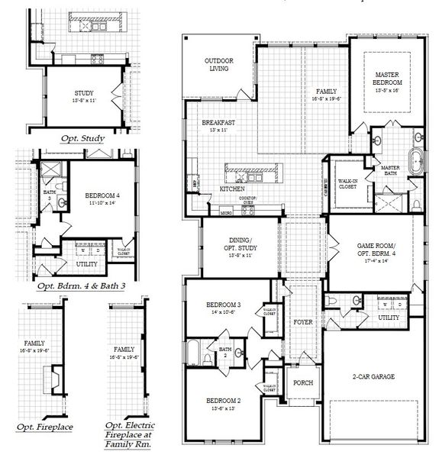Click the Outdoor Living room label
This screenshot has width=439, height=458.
click(x=218, y=65)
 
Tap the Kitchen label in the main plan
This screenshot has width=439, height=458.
click(x=232, y=188)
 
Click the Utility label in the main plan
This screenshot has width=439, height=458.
click(x=388, y=317)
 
